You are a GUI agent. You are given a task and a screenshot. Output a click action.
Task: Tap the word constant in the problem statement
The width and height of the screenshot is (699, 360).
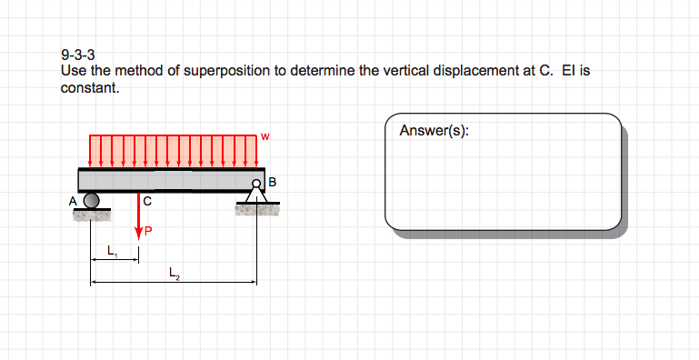tap(89, 88)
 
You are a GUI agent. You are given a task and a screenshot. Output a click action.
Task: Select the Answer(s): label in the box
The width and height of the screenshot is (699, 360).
tap(434, 130)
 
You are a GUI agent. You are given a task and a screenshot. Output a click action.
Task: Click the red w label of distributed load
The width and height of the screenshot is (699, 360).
tap(265, 136)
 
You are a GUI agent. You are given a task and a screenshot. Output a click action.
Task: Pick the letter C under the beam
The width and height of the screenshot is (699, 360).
tap(147, 200)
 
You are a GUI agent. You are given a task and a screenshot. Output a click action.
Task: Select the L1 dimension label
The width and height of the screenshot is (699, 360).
tap(112, 250)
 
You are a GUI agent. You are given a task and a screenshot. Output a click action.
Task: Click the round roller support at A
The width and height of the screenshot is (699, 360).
tap(91, 200)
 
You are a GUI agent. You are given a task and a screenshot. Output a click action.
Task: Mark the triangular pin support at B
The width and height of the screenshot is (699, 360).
tap(257, 195)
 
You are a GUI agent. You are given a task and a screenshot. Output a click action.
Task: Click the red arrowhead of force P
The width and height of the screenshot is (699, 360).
tap(139, 234)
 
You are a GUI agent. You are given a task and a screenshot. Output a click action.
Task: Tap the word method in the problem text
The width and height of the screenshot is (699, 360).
tap(116, 71)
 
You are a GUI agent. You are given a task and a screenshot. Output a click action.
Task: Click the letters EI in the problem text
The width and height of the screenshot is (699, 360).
tap(570, 71)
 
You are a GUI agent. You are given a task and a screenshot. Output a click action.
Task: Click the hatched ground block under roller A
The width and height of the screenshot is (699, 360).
tap(91, 216)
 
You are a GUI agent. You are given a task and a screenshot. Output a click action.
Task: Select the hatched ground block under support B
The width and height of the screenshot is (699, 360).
tap(256, 211)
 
